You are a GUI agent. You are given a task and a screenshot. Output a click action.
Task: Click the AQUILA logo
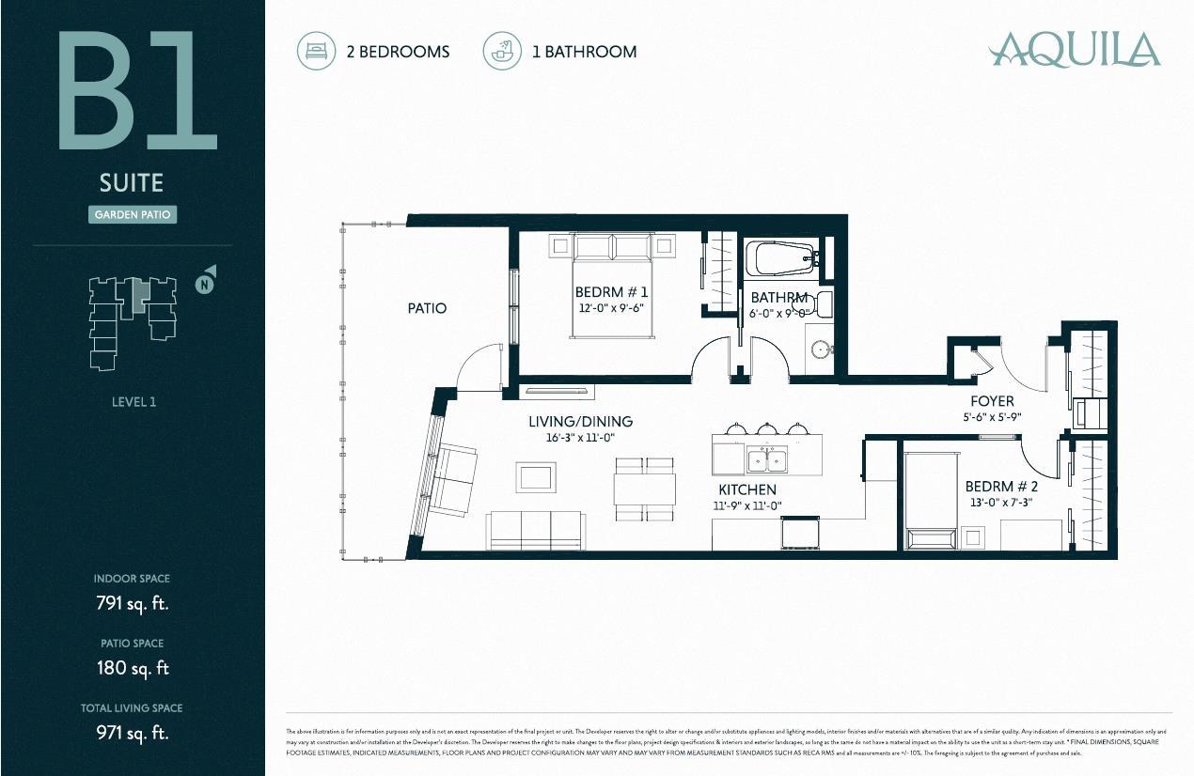tap(1075, 49)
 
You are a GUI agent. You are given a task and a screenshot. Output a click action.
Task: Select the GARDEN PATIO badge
tap(134, 215)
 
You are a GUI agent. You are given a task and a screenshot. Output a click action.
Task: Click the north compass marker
tap(204, 283)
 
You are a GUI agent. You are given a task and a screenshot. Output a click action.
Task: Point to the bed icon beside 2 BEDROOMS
tap(316, 51)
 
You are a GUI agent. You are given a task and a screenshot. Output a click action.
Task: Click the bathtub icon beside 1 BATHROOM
tap(502, 51)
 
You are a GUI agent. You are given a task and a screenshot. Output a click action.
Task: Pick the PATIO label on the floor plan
tap(427, 308)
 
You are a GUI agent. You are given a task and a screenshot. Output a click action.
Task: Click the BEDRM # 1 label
tap(610, 292)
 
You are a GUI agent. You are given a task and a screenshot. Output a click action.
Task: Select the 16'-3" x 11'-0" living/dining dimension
tap(580, 438)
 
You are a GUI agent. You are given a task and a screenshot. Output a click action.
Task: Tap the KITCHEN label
tap(747, 489)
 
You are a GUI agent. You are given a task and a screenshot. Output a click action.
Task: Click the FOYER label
tap(992, 402)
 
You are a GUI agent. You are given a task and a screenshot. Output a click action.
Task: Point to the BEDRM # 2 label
tap(1001, 487)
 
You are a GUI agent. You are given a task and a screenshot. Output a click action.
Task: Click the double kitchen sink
tap(769, 460)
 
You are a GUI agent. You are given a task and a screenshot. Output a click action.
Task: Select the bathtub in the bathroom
tap(780, 257)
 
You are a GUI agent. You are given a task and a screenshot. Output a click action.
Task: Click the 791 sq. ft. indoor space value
tap(132, 603)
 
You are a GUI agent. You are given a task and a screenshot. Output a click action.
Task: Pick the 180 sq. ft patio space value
tap(132, 668)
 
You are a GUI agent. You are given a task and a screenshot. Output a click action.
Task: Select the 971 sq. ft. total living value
tap(132, 733)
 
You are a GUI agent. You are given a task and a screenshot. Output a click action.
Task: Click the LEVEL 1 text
tap(133, 402)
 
